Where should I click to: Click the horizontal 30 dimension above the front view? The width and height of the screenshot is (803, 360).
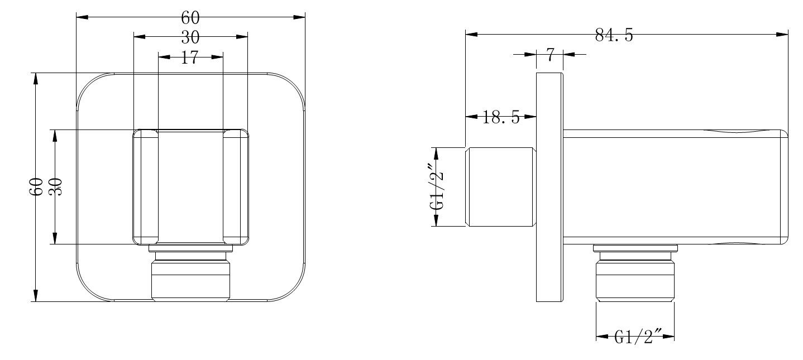[190, 37]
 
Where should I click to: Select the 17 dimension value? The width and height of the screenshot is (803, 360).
[190, 57]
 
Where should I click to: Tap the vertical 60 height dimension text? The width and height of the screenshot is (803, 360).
[36, 187]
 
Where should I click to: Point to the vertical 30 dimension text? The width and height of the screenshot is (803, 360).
[55, 186]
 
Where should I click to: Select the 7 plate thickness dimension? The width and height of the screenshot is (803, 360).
[549, 54]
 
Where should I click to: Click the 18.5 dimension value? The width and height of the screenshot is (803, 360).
[501, 117]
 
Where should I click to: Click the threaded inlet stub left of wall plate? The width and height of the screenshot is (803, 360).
[501, 187]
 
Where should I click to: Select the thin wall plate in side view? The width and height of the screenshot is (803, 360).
[549, 187]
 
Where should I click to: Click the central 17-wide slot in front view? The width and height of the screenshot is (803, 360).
[190, 187]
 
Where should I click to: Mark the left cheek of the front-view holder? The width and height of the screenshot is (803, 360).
[145, 187]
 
